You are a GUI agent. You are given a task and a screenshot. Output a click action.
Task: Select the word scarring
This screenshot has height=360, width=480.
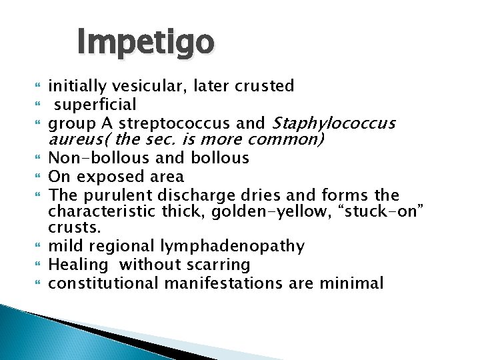[218, 265]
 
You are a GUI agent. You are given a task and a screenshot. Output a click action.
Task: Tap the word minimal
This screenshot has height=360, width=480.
[353, 283]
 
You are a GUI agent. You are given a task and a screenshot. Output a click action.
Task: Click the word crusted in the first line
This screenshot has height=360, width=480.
[264, 86]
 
